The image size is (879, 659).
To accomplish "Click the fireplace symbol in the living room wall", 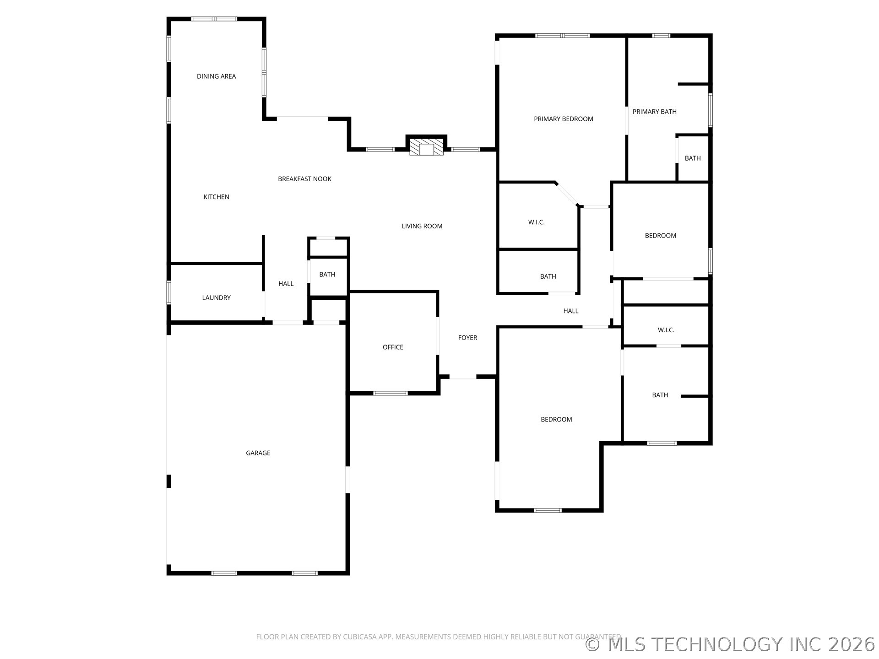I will click(426, 147).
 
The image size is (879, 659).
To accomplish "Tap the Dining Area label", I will click(216, 76).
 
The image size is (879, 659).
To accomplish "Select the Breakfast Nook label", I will click(304, 179).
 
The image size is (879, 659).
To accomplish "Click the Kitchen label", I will click(216, 197).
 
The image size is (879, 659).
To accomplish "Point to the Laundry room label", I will click(216, 297).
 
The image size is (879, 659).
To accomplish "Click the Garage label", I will click(258, 453).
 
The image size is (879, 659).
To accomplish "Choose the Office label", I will click(393, 347).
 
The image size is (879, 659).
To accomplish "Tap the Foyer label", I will click(467, 338).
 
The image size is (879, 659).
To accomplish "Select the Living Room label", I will click(422, 226).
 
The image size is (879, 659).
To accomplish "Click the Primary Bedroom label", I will click(563, 119).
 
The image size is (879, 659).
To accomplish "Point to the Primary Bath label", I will click(654, 112).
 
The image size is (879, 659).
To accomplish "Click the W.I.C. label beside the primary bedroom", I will click(536, 222).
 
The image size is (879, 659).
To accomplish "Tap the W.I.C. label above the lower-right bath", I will click(666, 330).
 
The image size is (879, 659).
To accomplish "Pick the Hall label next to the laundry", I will click(286, 284).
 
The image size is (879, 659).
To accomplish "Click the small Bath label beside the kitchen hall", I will click(327, 275).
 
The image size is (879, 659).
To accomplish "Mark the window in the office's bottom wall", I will click(390, 393).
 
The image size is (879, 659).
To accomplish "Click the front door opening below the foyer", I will click(462, 377).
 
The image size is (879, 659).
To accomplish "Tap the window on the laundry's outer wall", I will click(168, 292).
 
